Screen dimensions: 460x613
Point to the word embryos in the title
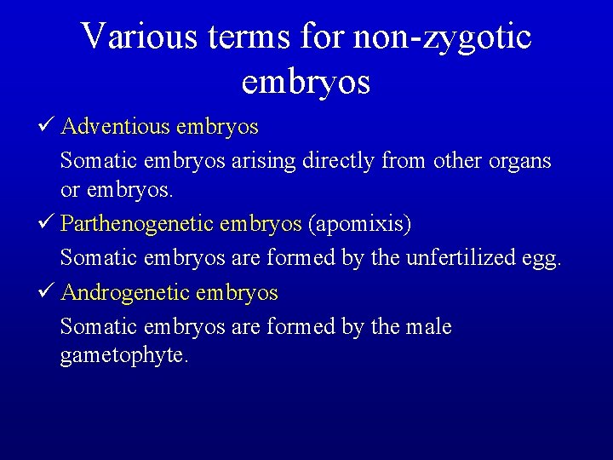tap(306, 81)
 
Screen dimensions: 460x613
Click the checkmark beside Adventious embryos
tap(48, 127)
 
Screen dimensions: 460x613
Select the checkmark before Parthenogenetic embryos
tap(48, 224)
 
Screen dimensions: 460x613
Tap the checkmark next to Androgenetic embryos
tap(48, 293)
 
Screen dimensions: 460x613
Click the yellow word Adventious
tap(116, 128)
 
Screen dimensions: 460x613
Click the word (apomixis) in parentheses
tap(359, 225)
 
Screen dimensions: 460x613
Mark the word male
tap(429, 326)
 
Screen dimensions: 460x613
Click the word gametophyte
tap(124, 355)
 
